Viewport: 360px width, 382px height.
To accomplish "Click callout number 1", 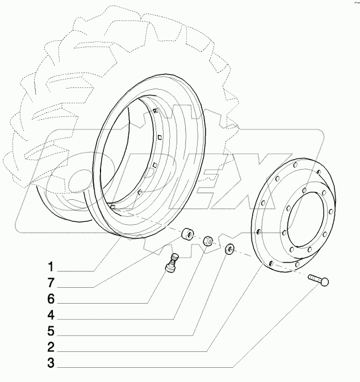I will (x=51, y=266).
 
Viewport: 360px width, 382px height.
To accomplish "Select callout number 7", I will (x=51, y=282).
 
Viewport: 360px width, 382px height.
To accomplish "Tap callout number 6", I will (x=51, y=298).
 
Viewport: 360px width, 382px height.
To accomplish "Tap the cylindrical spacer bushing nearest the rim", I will (x=187, y=235).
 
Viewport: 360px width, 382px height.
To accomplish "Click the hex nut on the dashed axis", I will (x=208, y=241).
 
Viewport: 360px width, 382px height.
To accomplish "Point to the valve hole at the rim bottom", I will (x=113, y=208).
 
